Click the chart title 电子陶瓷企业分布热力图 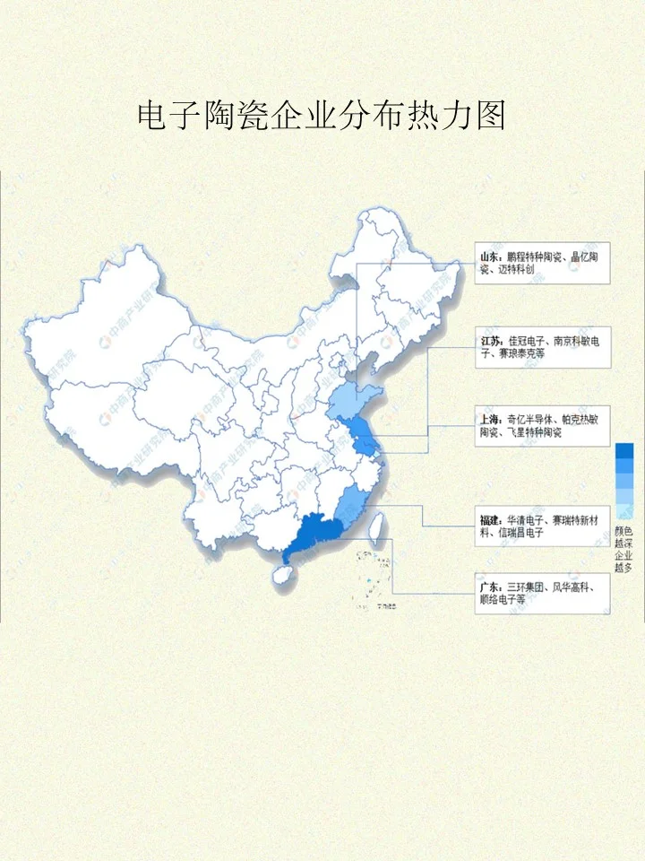tap(322, 116)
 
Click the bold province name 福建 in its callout tap(491, 519)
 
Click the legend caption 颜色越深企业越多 tap(623, 549)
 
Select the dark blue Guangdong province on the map tap(310, 535)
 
